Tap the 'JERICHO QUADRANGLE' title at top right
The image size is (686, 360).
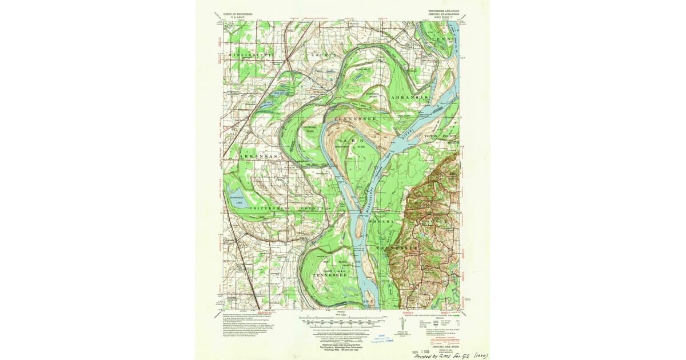(x=444, y=14)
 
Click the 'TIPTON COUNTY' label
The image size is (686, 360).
(x=441, y=137)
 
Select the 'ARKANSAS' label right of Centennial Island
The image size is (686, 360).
(x=409, y=98)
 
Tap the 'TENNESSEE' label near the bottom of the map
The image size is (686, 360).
(x=329, y=275)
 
